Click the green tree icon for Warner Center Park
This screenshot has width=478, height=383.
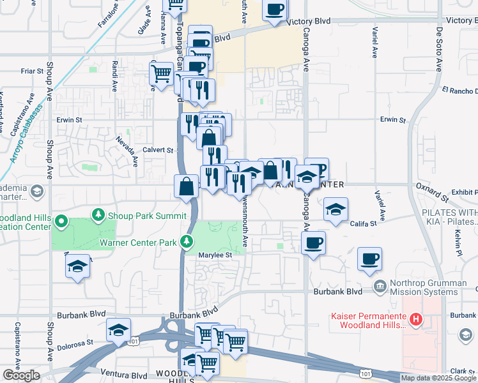pyautogui.click(x=186, y=241)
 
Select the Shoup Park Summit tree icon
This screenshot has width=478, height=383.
pyautogui.click(x=98, y=213)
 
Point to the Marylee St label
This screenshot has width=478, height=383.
pyautogui.click(x=214, y=253)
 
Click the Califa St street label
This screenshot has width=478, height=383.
pyautogui.click(x=363, y=223)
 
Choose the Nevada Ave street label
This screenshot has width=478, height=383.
pyautogui.click(x=127, y=149)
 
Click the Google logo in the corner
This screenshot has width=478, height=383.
pyautogui.click(x=20, y=375)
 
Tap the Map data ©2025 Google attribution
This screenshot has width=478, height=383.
pyautogui.click(x=438, y=378)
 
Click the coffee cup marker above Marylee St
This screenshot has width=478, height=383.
pyautogui.click(x=313, y=243)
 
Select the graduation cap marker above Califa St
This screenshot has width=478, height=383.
pyautogui.click(x=335, y=209)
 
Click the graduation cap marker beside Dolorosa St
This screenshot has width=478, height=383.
pyautogui.click(x=119, y=329)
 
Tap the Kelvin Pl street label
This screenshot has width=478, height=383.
pyautogui.click(x=458, y=239)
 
